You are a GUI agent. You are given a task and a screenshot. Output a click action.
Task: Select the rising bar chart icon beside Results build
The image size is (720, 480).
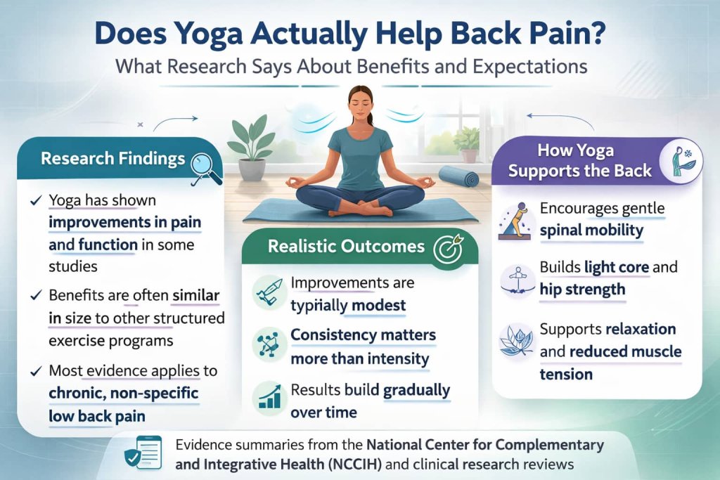(x=270, y=396)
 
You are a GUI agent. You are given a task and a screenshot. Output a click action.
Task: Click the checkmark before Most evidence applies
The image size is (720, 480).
(x=35, y=370)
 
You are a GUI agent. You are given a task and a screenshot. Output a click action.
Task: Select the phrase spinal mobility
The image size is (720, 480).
(x=591, y=231)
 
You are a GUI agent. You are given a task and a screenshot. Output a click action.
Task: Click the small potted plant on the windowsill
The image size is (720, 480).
(x=466, y=144)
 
